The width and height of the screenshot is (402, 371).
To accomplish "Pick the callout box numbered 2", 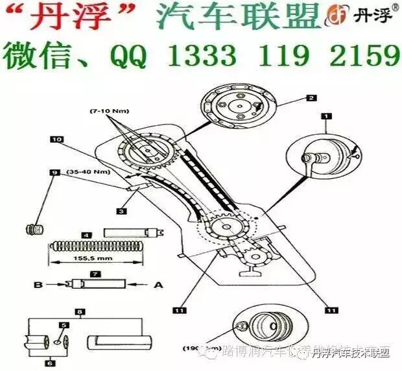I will pos(312,98).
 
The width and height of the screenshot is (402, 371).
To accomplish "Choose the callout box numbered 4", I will pos(85,234).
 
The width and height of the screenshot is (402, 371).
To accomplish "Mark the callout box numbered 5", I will pos(64,324).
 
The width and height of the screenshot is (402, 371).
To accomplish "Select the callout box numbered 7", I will pos(95,274).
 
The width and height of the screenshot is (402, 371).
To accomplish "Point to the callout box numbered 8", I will pos(80,312).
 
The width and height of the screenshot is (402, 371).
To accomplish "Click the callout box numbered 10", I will pos(57,139).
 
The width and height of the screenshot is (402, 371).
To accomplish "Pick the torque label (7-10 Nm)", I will pos(108,112).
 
